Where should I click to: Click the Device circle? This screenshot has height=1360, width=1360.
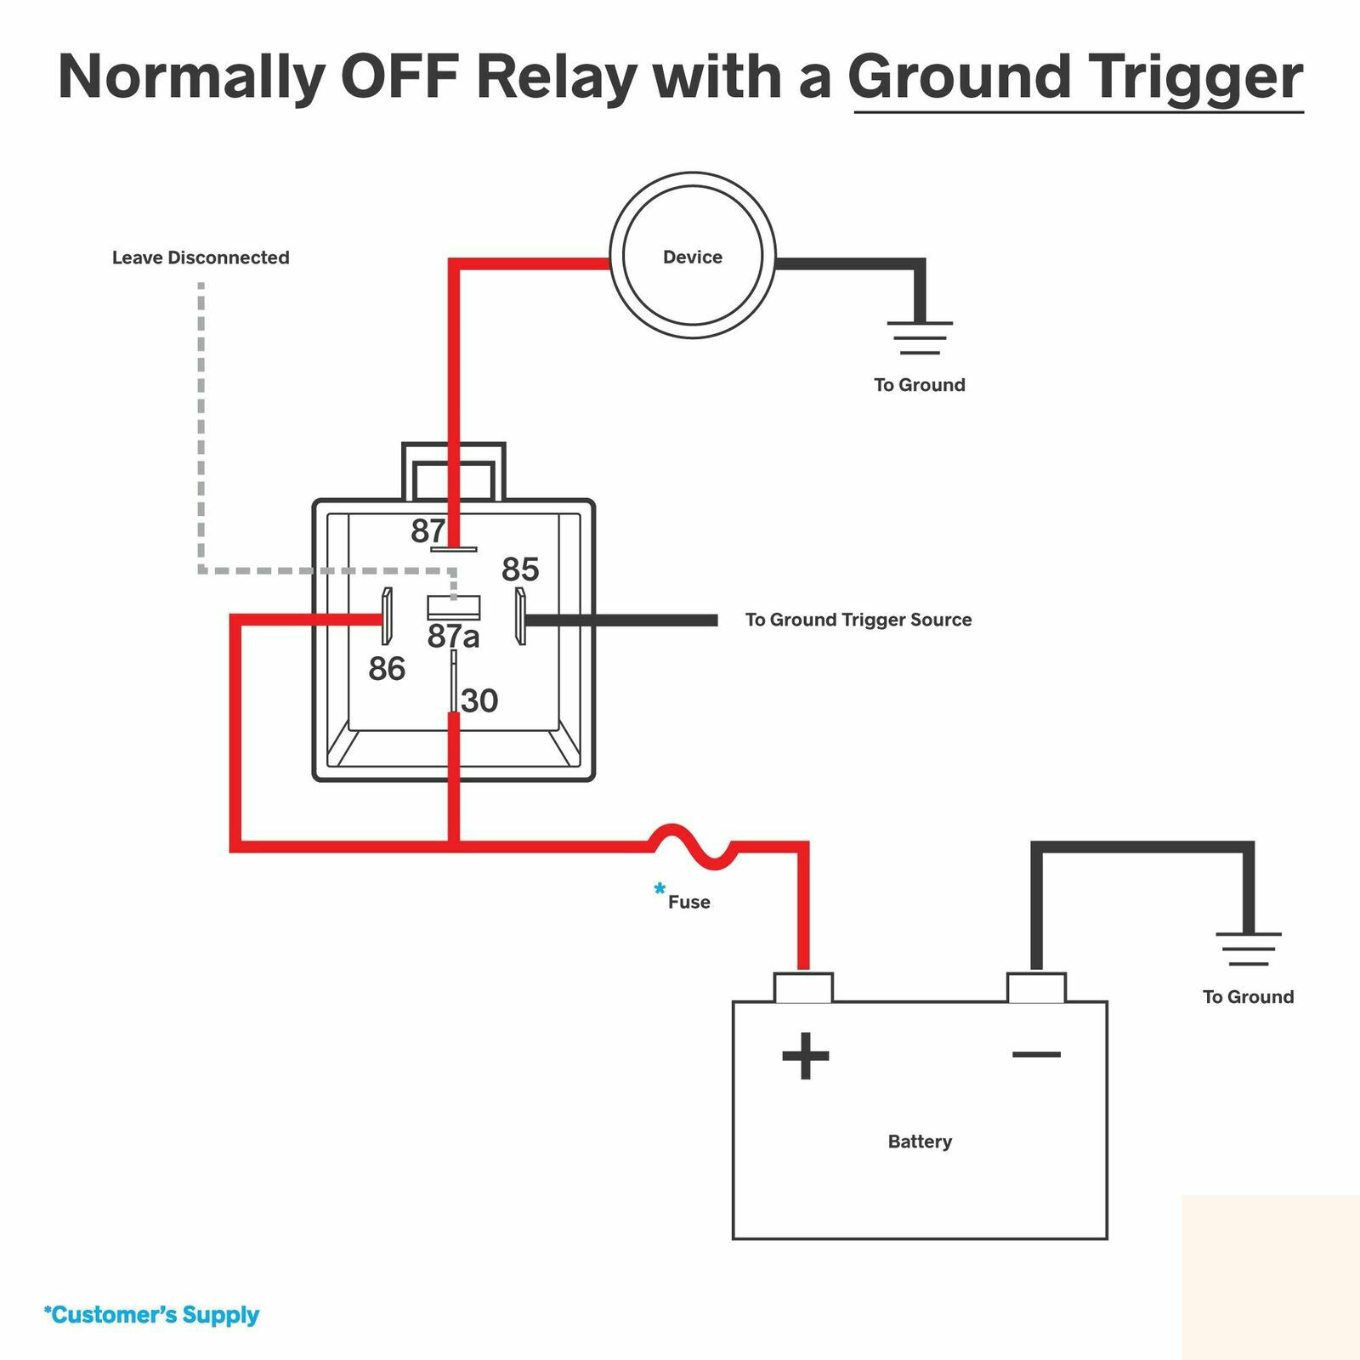693,256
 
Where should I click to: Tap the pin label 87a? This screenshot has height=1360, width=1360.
453,636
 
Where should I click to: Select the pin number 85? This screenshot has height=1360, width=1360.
520,569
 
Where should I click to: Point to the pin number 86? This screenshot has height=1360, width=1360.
387,670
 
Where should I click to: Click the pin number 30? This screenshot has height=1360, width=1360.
479,701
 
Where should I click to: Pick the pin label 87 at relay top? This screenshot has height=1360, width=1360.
428,531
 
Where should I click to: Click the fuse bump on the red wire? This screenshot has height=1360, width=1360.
690,847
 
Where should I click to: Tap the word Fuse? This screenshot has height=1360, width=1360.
688,902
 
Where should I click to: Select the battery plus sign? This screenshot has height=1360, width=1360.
804,1056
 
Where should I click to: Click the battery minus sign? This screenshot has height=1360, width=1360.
1036,1055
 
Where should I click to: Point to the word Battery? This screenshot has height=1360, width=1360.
920,1142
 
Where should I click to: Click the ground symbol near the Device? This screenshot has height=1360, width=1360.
920,337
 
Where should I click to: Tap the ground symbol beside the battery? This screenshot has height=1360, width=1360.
1248,949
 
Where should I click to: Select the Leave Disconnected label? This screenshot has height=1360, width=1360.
201,258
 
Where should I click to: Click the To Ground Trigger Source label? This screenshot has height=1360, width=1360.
858,620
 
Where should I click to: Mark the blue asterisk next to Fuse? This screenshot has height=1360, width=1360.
660,890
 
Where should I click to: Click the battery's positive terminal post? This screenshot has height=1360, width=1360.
803,988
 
